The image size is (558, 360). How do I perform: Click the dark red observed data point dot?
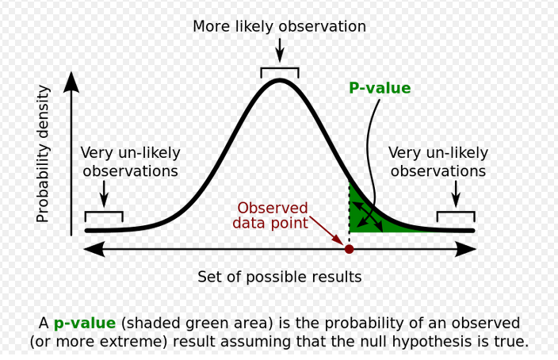[x=349, y=249]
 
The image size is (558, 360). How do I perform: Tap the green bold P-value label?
[x=380, y=88]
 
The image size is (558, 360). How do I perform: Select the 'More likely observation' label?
[x=279, y=26]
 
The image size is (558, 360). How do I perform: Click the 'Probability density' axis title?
[x=43, y=154]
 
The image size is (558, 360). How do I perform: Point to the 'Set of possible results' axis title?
[x=279, y=277]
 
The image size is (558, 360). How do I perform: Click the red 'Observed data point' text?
[x=270, y=216]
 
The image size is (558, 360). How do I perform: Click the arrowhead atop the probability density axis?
[x=71, y=82]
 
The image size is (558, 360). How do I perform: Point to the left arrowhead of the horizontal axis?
[x=94, y=249]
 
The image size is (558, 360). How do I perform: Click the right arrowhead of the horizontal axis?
[x=466, y=249]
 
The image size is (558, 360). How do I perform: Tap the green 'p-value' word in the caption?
[x=85, y=324]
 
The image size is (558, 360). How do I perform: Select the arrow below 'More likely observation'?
[x=280, y=50]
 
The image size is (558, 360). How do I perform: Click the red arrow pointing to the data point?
[x=327, y=231]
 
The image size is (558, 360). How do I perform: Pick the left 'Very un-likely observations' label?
[x=130, y=162]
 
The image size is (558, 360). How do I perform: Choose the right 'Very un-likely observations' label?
[x=438, y=162]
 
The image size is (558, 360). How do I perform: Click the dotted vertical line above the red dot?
[x=349, y=213]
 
